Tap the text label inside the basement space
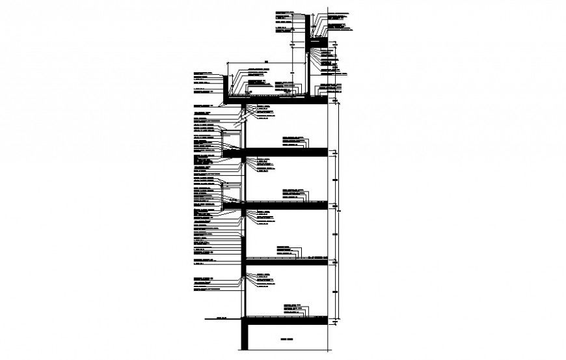coord(287,340)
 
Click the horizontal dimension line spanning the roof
coord(267,64)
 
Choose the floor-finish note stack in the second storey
coord(286,249)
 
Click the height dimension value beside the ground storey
coord(336,291)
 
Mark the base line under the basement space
coord(286,351)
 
